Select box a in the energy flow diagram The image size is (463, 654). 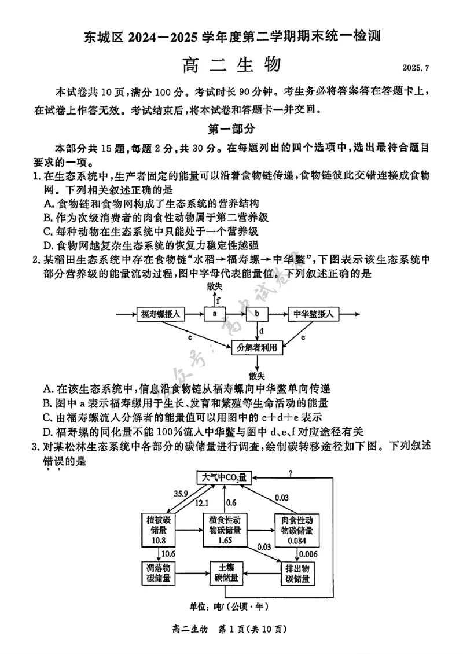[214, 314]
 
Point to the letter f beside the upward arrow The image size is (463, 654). [218, 300]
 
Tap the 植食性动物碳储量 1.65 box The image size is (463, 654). [226, 530]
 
